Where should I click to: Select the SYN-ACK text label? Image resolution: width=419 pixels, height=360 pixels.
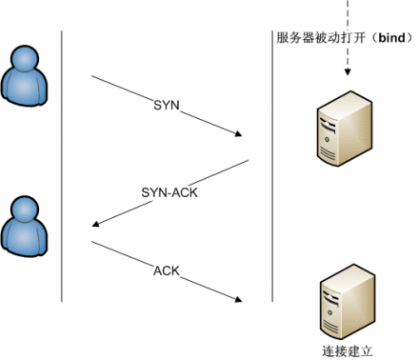tap(161, 191)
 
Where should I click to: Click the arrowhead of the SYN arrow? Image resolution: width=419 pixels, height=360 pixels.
tap(237, 134)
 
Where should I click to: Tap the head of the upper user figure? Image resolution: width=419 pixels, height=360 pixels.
tap(24, 60)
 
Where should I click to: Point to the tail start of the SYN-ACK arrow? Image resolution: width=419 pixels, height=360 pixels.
tap(248, 162)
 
